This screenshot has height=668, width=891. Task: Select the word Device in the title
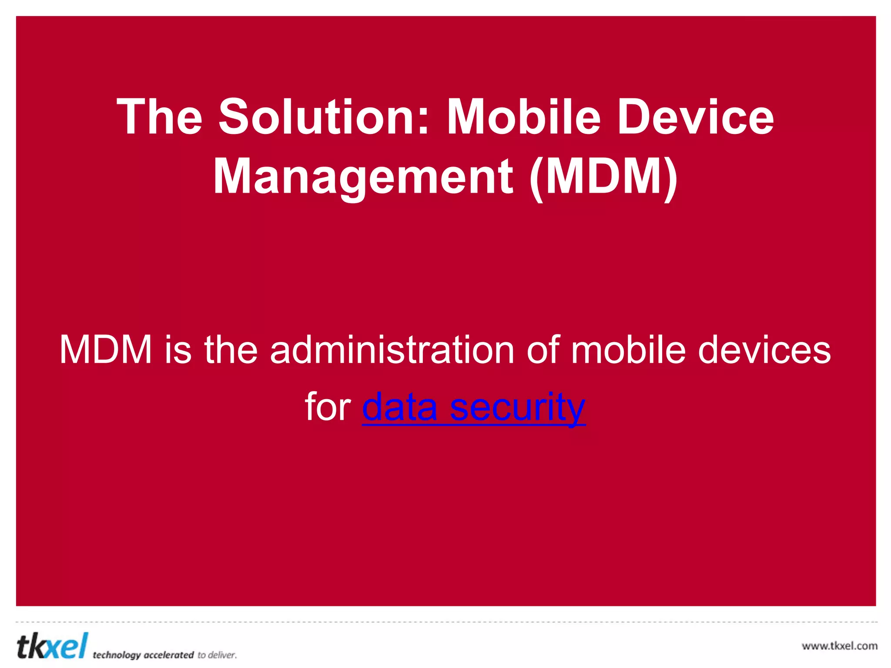point(696,117)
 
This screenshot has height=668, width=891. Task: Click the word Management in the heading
point(363,177)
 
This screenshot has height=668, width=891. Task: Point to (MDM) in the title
point(603,177)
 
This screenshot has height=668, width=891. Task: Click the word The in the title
point(159,117)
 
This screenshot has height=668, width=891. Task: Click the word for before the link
point(328,407)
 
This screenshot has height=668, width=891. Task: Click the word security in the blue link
point(517,407)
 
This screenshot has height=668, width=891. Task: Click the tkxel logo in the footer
point(52,646)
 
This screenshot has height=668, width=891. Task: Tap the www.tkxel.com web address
point(839,646)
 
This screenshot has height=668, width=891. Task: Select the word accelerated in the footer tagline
point(168,655)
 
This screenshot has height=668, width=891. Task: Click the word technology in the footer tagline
point(117,655)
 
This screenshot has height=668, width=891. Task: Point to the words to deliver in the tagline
point(217,655)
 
